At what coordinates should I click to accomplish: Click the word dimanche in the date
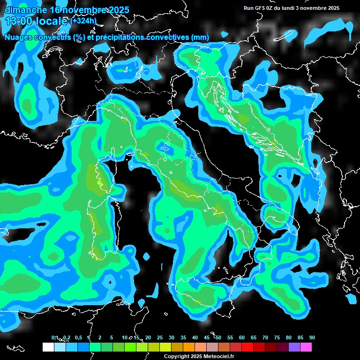click(26, 10)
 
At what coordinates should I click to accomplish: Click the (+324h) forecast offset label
click(83, 21)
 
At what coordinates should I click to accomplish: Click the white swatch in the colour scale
click(48, 347)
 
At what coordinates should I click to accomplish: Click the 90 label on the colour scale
click(312, 337)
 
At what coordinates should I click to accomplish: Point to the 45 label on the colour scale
click(207, 337)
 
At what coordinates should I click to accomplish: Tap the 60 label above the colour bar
click(242, 337)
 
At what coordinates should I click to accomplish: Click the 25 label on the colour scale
click(160, 337)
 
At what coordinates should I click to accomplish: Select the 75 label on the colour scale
click(277, 337)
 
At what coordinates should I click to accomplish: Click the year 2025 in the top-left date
click(117, 10)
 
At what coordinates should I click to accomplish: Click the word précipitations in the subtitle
click(120, 37)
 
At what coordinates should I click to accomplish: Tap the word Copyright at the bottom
click(177, 356)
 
